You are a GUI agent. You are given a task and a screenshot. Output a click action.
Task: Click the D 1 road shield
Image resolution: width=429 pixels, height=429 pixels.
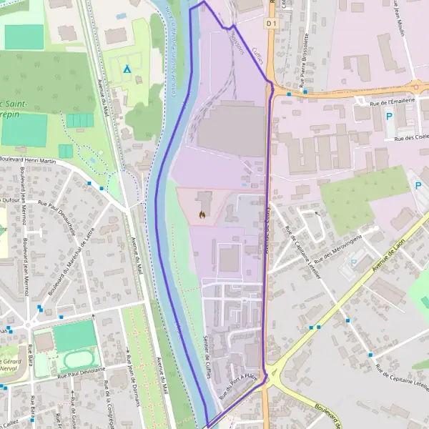[x=270, y=23]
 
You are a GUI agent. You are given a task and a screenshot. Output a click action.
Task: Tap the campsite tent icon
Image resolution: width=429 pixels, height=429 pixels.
[x=127, y=69]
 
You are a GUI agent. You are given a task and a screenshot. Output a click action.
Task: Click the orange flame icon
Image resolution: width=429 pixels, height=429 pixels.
[x=202, y=213]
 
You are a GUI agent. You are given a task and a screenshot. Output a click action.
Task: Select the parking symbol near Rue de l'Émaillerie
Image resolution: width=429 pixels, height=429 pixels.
[x=390, y=117]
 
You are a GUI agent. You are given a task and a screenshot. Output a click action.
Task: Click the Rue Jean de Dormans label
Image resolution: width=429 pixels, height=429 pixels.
[x=131, y=377]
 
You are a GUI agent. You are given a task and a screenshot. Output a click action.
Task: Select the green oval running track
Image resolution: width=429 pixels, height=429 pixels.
[x=81, y=359]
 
